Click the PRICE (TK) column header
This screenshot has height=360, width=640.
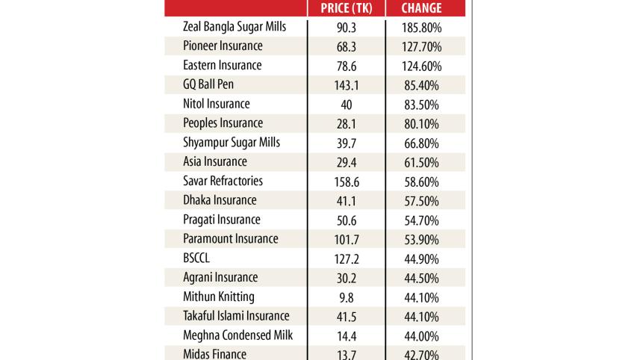[x=347, y=8]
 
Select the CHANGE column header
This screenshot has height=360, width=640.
[x=421, y=8]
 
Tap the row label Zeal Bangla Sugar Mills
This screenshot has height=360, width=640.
[x=234, y=27]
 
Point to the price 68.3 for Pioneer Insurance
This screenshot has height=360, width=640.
[x=347, y=46]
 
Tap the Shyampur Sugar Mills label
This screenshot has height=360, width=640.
[x=232, y=143]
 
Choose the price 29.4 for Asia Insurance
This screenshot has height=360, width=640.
[x=347, y=162]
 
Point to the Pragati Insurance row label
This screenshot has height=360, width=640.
[x=222, y=220]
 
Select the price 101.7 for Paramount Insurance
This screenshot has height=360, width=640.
[x=347, y=239]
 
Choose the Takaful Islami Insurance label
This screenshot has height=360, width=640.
[x=236, y=316]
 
